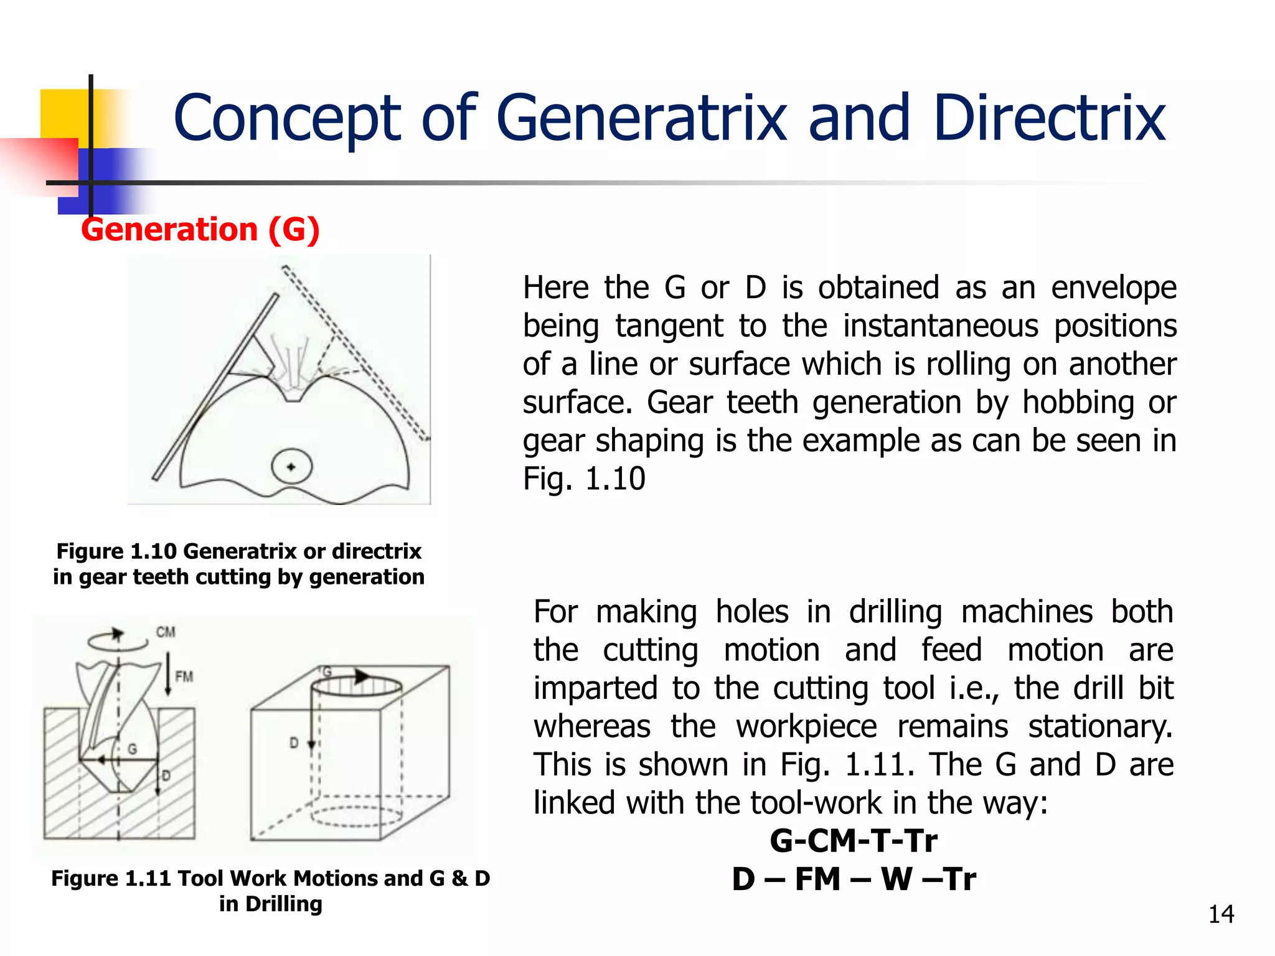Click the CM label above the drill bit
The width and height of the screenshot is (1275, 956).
166,632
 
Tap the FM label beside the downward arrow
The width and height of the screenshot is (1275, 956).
184,677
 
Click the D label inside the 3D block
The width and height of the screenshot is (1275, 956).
294,743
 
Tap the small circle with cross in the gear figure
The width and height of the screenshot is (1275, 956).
291,467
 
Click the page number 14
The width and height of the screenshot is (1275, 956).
1221,914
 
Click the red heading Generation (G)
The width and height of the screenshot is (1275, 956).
200,230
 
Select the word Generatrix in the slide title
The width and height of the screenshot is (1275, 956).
641,118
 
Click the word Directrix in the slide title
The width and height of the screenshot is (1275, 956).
1048,118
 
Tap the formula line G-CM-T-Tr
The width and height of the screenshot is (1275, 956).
854,841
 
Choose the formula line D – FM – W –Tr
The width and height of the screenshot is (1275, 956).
854,879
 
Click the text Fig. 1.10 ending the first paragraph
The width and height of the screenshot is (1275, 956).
584,479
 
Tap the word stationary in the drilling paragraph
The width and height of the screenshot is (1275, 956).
1099,726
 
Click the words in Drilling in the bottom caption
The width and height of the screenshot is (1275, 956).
271,904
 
